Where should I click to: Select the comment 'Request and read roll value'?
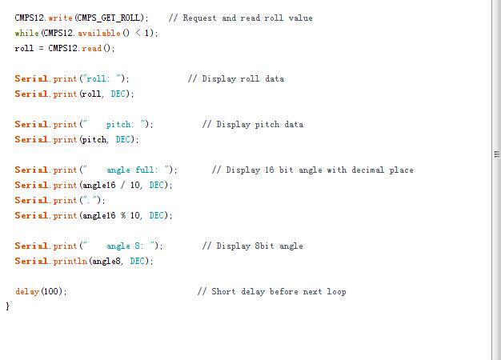click(x=240, y=18)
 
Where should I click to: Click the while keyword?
click(x=26, y=33)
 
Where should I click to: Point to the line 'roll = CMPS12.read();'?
click(x=65, y=48)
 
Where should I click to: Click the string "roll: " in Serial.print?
click(x=105, y=78)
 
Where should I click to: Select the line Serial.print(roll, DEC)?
click(x=74, y=94)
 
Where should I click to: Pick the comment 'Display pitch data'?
click(x=253, y=124)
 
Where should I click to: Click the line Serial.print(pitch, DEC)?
click(x=77, y=139)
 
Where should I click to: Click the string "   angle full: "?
click(x=128, y=170)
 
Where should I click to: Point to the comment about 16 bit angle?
click(x=313, y=170)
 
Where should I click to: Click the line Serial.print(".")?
click(x=60, y=200)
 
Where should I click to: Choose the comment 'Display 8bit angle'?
click(x=253, y=246)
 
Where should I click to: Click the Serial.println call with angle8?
click(x=83, y=261)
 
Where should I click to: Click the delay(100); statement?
click(x=41, y=291)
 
